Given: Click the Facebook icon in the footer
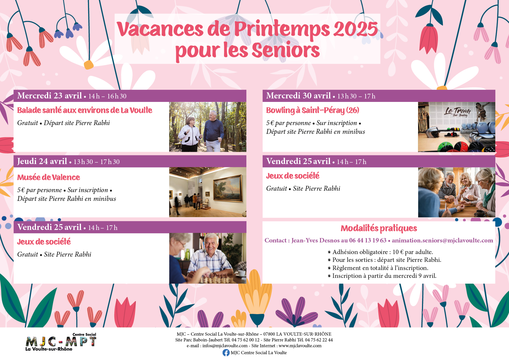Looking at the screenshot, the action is click(226, 352).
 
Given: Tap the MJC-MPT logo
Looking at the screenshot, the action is click(61, 342).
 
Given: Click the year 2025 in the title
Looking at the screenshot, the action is click(356, 29).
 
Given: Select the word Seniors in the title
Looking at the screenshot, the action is click(286, 50).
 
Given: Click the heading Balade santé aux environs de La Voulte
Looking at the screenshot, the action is click(85, 110).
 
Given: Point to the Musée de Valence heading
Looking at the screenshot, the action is click(48, 177).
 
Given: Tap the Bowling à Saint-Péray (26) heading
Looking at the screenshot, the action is click(313, 110).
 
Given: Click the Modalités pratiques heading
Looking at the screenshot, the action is click(379, 228).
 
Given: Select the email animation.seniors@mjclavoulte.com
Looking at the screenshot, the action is click(442, 240).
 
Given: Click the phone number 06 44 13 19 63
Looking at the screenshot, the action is click(368, 240).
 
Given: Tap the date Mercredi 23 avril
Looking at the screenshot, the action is click(49, 96).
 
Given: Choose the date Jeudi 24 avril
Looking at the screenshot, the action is click(42, 161).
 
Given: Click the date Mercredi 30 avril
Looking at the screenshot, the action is click(298, 96).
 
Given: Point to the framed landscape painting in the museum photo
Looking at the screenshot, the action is click(228, 188).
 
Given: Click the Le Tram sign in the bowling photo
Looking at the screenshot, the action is click(458, 111).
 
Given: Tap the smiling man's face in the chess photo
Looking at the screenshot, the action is click(211, 243).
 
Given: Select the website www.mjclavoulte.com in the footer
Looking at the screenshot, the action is click(300, 346).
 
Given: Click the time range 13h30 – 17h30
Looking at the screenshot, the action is click(97, 162).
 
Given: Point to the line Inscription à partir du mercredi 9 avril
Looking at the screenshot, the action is click(382, 276).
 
